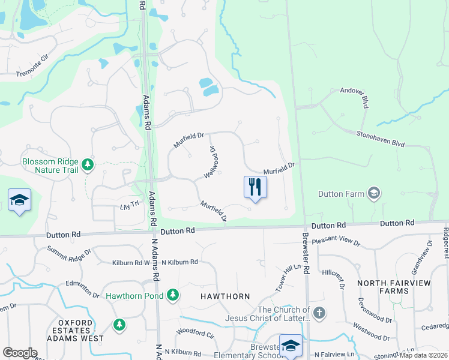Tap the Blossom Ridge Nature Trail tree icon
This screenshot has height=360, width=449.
(88, 164)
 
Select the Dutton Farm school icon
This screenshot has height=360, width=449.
(375, 193)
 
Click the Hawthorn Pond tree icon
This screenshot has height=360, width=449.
(173, 295)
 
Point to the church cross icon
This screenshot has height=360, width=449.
(319, 313)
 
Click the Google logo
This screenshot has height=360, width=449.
(20, 353)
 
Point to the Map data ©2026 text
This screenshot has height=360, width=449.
(423, 355)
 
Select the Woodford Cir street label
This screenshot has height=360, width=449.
(194, 331)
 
